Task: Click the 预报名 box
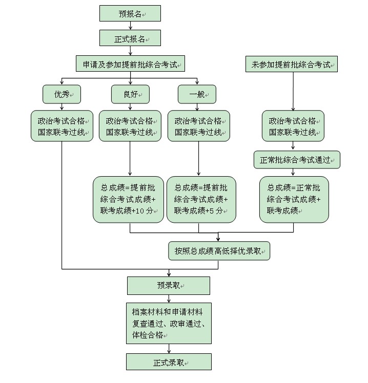tap(130, 14)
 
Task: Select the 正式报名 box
tap(130, 38)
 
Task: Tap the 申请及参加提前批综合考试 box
tap(130, 65)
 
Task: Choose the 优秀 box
tap(62, 94)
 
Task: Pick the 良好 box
tap(130, 94)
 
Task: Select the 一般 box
tap(197, 94)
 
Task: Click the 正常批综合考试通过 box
tap(297, 160)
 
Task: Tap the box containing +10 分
tap(128, 200)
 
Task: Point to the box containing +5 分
tap(201, 200)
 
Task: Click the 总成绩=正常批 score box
tap(294, 200)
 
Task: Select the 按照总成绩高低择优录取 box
tap(219, 251)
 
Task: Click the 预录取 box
tap(169, 286)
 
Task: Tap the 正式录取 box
tap(169, 362)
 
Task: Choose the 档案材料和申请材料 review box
tap(169, 323)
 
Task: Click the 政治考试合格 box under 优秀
tap(62, 126)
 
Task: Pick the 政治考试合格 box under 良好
tap(130, 126)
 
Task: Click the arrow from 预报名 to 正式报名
tap(130, 26)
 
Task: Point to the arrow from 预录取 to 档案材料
tap(169, 299)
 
